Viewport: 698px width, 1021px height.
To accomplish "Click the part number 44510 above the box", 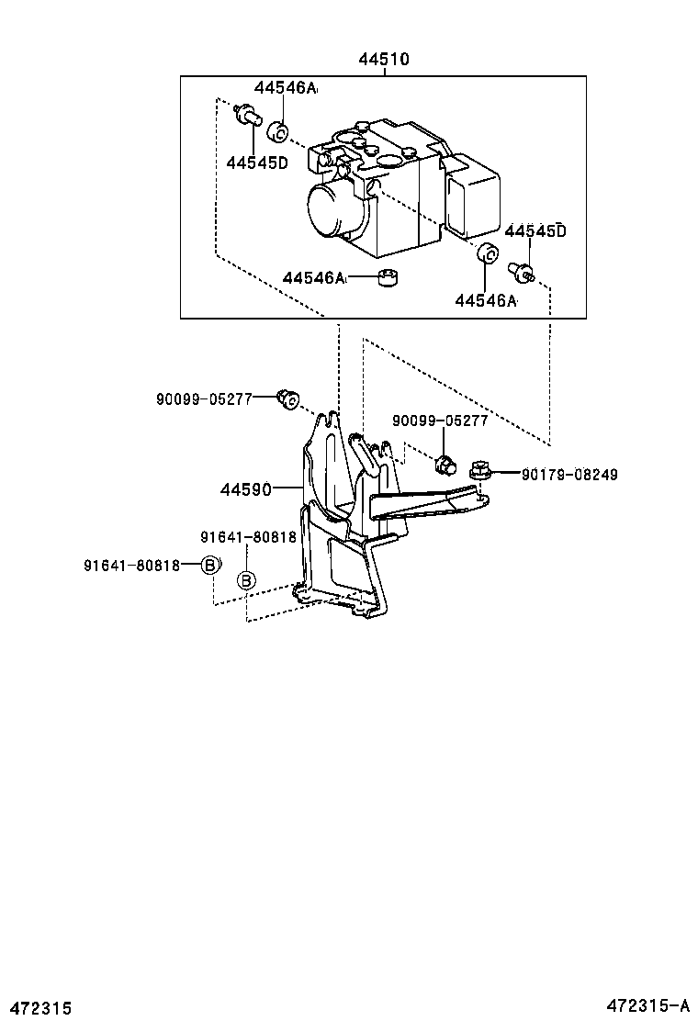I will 383,60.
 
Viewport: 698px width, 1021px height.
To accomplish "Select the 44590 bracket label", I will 245,489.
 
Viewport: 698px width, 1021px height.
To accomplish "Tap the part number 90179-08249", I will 569,475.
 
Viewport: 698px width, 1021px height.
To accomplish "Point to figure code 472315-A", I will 651,1007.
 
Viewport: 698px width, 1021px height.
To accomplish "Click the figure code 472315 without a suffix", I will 37,1008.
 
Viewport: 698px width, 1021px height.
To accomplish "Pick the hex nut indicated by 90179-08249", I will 478,471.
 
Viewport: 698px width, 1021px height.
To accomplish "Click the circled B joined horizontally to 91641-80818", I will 210,565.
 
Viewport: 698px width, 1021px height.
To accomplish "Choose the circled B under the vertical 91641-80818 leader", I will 246,580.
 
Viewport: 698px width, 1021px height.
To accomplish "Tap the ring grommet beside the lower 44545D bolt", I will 489,254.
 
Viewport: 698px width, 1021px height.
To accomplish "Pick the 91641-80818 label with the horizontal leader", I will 131,565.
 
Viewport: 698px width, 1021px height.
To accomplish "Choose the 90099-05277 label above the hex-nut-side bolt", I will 440,421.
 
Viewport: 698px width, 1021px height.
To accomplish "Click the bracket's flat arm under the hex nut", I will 422,506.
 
